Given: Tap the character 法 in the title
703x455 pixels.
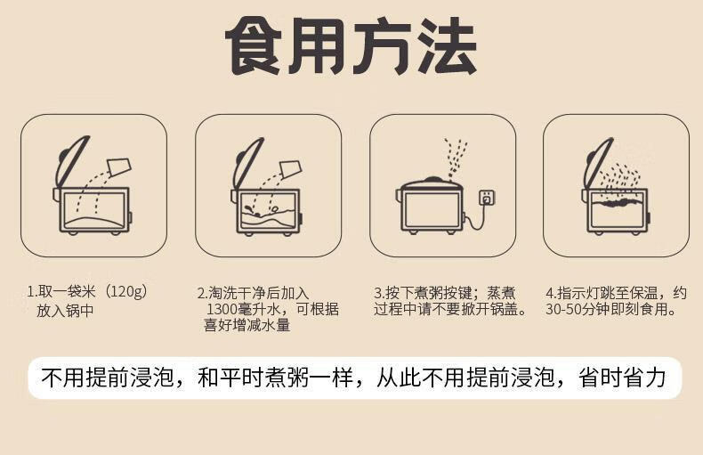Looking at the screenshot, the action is coord(446,45).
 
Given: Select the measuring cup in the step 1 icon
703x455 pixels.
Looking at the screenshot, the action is coord(119,167).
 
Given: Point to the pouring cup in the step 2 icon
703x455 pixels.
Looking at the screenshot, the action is coord(290,169).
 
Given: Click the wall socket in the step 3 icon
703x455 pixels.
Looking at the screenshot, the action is coord(487,198).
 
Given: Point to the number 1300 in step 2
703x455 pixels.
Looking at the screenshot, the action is coord(222,309).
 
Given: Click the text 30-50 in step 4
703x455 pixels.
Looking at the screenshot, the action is coord(563,309).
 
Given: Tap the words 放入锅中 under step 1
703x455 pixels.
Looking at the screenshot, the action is coord(66,311).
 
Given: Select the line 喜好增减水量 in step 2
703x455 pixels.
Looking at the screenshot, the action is coord(247,325).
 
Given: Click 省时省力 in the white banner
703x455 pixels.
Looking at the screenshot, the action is coord(622,378).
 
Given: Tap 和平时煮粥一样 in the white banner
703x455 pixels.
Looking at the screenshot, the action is coord(275,378).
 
